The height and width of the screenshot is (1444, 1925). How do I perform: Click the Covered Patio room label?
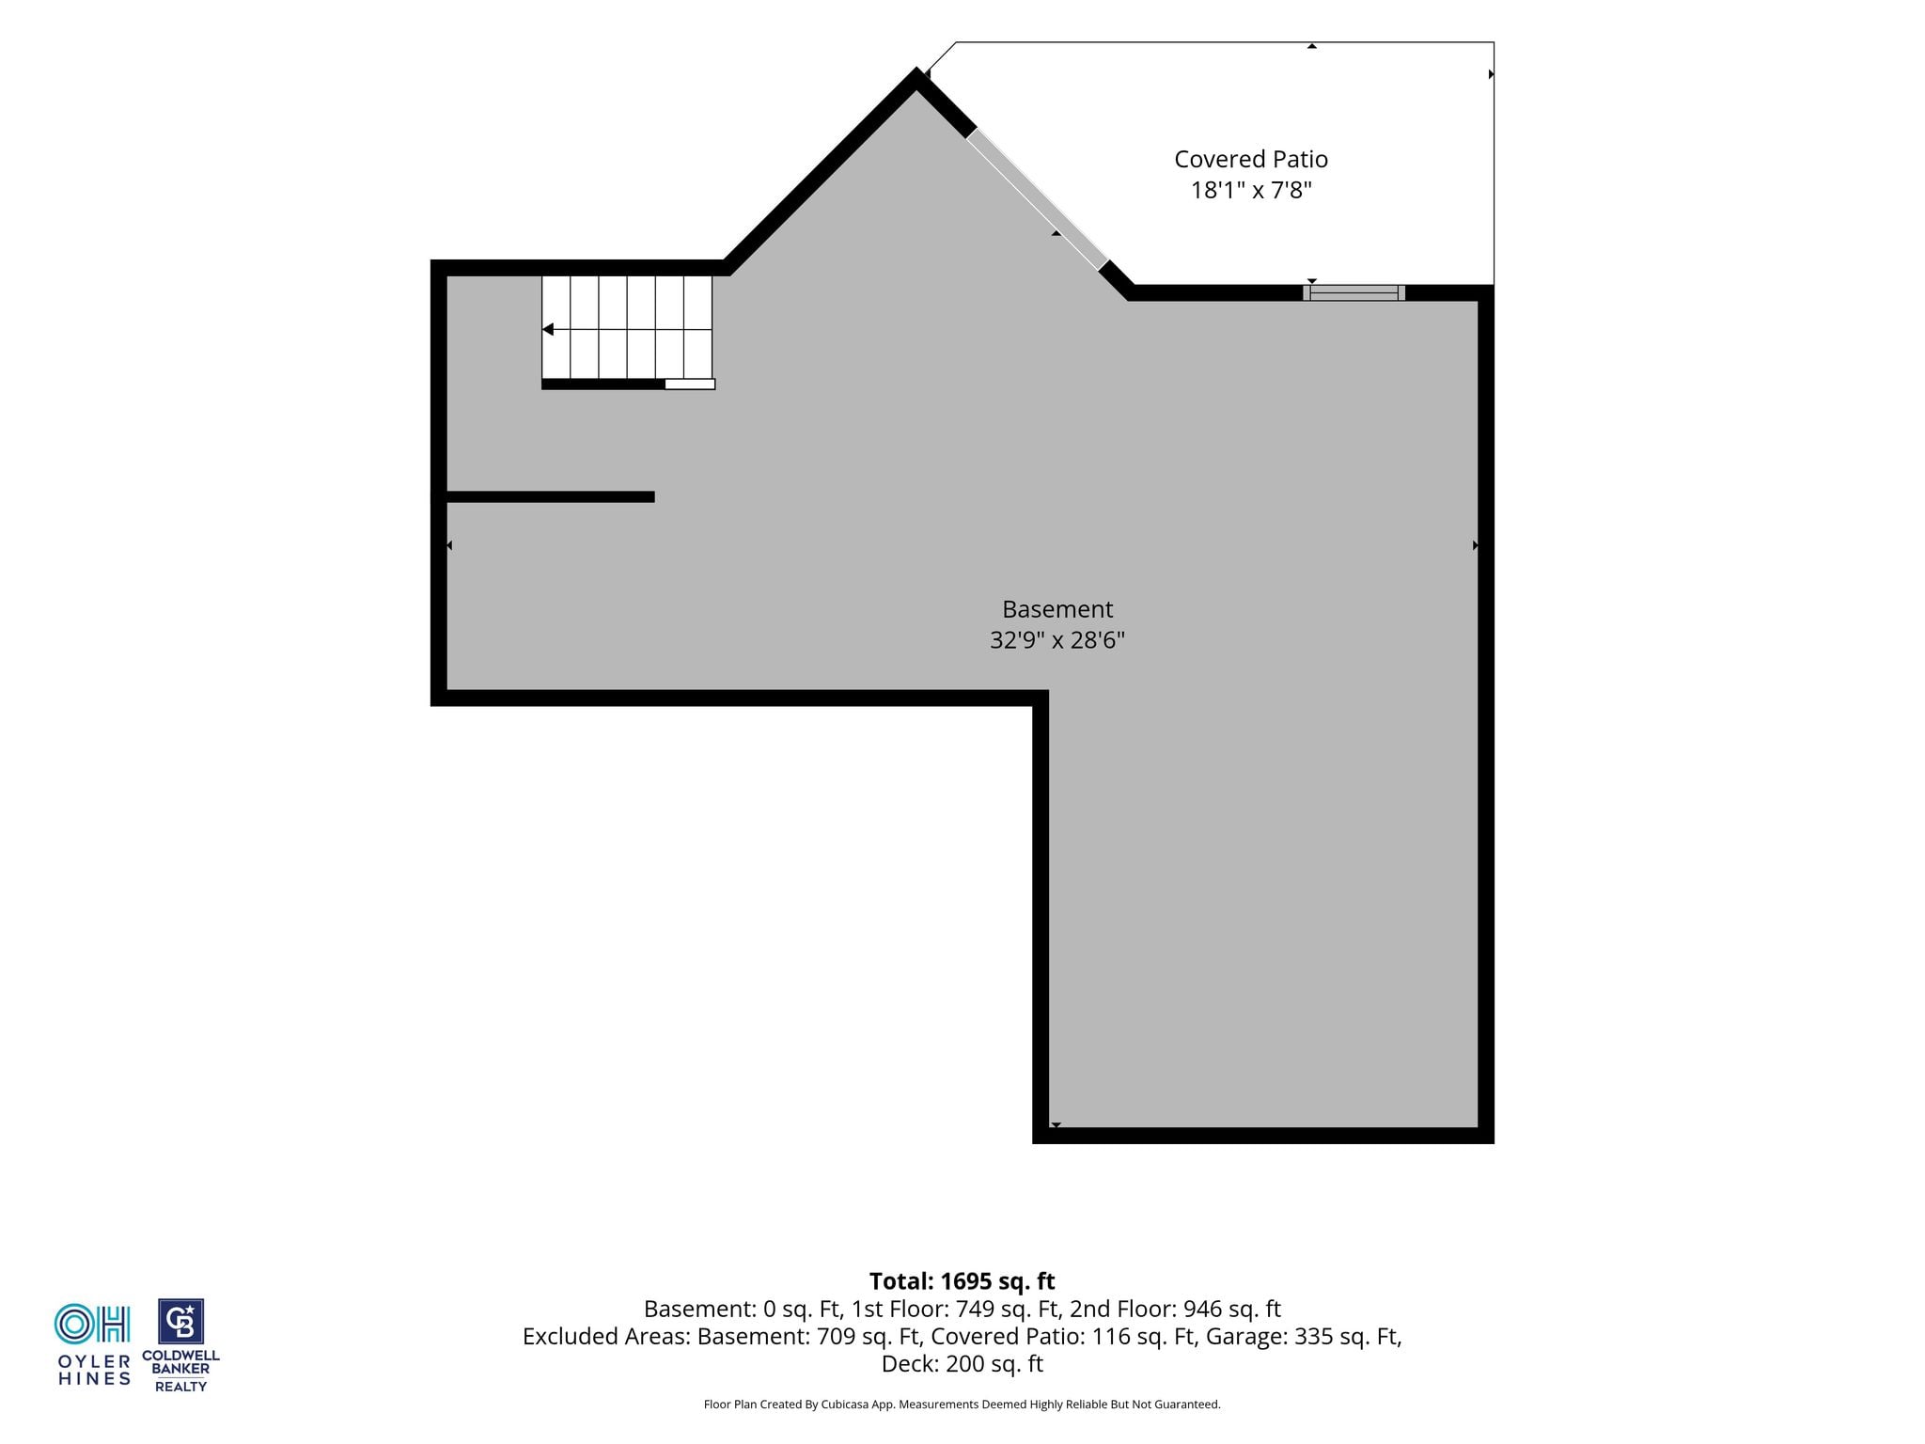pyautogui.click(x=1251, y=160)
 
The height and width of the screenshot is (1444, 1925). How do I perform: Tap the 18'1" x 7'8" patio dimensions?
pyautogui.click(x=1251, y=191)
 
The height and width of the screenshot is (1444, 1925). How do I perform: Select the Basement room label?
pyautogui.click(x=1057, y=609)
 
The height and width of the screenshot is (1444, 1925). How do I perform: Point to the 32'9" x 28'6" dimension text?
pyautogui.click(x=1057, y=640)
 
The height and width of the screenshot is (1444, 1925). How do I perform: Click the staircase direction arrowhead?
pyautogui.click(x=548, y=330)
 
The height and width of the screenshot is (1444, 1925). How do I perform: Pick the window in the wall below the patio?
pyautogui.click(x=1354, y=292)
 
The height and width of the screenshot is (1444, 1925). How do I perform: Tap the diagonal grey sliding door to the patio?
pyautogui.click(x=1038, y=199)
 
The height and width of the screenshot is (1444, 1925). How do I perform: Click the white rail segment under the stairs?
pyautogui.click(x=690, y=384)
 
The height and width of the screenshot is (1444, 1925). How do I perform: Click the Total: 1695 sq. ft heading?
pyautogui.click(x=962, y=1281)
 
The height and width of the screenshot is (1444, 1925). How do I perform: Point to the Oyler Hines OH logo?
pyautogui.click(x=92, y=1324)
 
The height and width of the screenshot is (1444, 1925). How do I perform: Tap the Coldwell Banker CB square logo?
pyautogui.click(x=180, y=1322)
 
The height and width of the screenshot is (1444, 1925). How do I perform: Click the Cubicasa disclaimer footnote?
pyautogui.click(x=962, y=1405)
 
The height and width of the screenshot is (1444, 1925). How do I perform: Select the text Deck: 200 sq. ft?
pyautogui.click(x=962, y=1364)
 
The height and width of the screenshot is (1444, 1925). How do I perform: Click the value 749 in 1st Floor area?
pyautogui.click(x=975, y=1309)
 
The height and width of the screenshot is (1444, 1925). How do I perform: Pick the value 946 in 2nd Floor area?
pyautogui.click(x=1203, y=1309)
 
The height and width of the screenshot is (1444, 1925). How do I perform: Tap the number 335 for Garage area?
pyautogui.click(x=1314, y=1336)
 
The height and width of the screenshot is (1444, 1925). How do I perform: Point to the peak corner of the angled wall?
pyautogui.click(x=916, y=70)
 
